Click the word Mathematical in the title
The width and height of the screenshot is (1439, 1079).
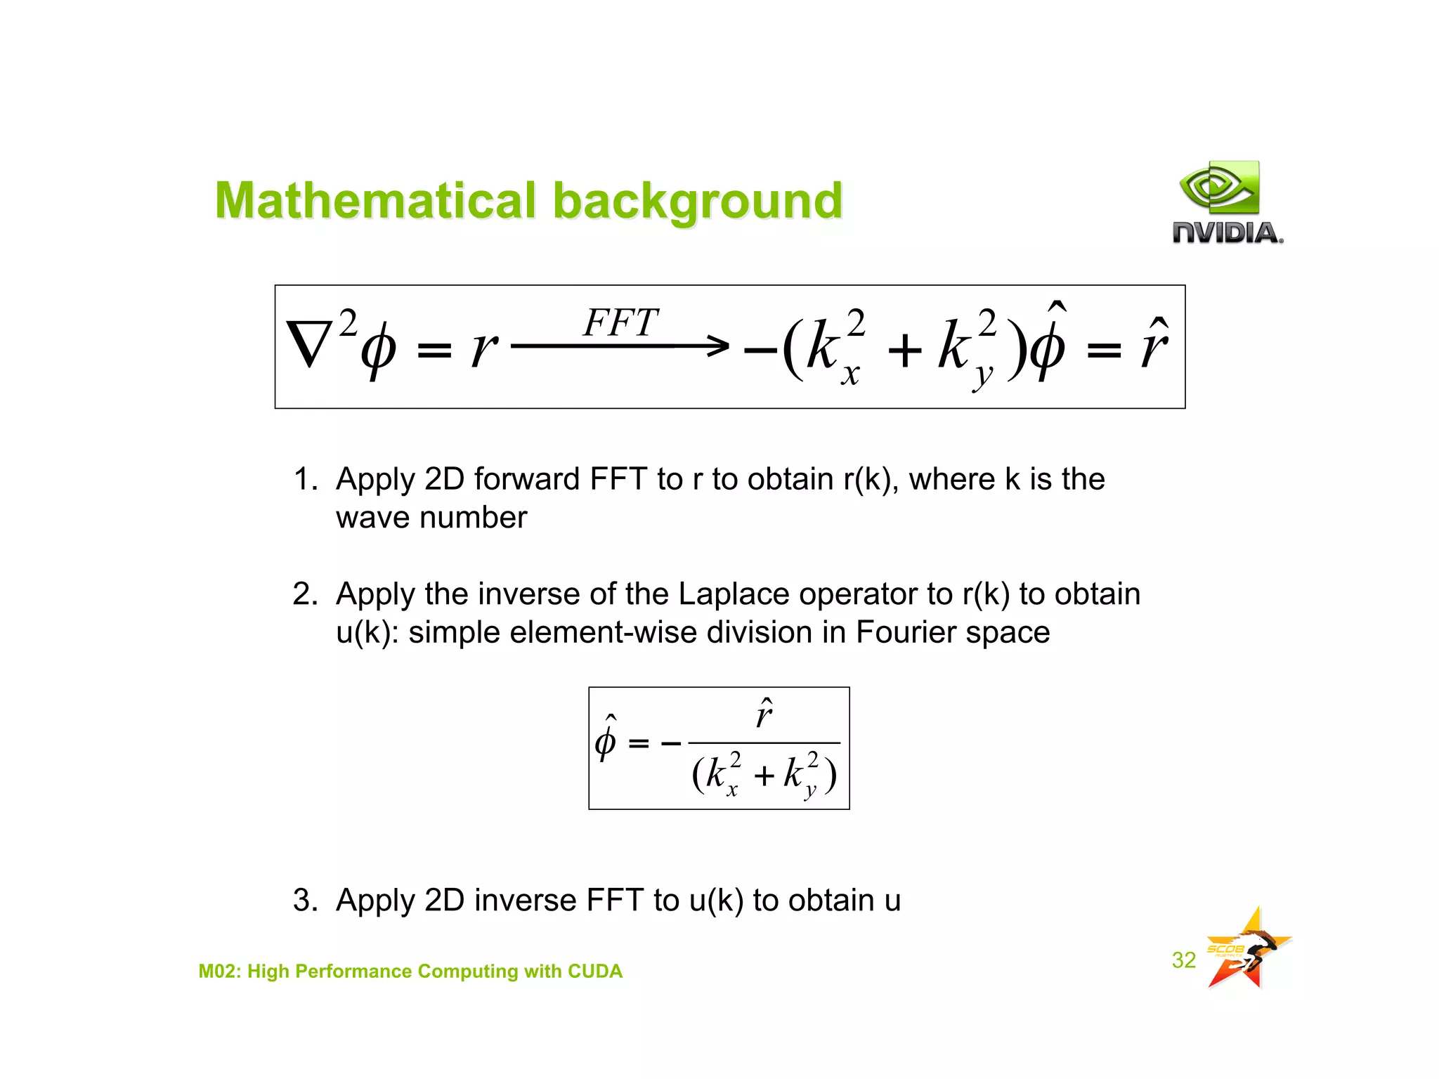376,201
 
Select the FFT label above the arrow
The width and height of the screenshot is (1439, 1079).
620,323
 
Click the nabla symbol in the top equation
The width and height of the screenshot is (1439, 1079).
310,344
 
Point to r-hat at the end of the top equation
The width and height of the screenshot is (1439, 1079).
1154,344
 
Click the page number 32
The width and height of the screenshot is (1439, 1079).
1183,960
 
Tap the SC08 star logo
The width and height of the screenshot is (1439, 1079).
1246,949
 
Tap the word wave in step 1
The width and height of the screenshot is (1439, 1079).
372,518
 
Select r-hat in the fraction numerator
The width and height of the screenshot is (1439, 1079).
764,714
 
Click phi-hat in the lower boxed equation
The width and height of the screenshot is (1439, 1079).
606,740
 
